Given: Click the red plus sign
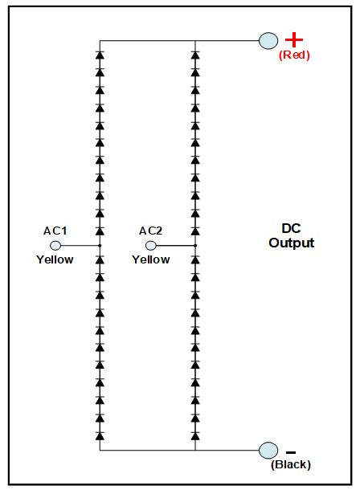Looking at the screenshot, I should (294, 39).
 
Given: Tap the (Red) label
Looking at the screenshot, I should (294, 55).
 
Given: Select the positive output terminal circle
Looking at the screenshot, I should (268, 40).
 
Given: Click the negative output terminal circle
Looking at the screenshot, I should (268, 451).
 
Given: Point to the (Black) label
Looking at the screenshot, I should (291, 464).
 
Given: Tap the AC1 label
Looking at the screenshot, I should (55, 231).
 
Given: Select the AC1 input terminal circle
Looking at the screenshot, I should (55, 245).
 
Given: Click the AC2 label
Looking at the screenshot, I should (150, 231).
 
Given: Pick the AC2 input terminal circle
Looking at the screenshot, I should (150, 245).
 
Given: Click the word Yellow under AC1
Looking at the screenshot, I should (55, 259).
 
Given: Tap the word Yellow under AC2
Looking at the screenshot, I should (150, 259).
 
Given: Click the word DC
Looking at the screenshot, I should (292, 229).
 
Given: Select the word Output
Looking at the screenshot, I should (292, 243).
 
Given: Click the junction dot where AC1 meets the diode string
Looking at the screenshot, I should (100, 245).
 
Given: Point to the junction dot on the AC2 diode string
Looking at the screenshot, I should (195, 245).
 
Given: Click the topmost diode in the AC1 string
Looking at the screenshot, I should (100, 55).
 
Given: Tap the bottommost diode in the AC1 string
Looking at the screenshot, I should (100, 435).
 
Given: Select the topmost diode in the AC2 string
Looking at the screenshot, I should (195, 55).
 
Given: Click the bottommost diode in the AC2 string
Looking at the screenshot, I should (195, 435).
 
